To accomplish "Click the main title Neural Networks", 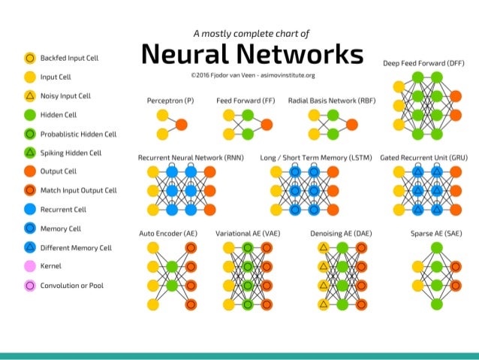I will click(x=252, y=54).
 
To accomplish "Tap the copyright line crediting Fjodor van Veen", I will click(x=252, y=75).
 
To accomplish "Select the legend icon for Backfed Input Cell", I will click(x=30, y=57).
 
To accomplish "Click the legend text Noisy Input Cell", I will click(x=65, y=96).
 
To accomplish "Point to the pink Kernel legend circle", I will click(x=30, y=266).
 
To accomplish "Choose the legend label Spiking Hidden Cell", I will click(x=71, y=153).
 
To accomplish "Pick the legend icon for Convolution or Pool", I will click(x=30, y=286).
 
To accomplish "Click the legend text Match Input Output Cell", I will click(x=79, y=191).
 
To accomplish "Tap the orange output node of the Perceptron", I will click(x=182, y=124).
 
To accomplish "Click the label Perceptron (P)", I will click(x=171, y=100).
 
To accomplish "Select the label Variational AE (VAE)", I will click(x=248, y=234).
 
